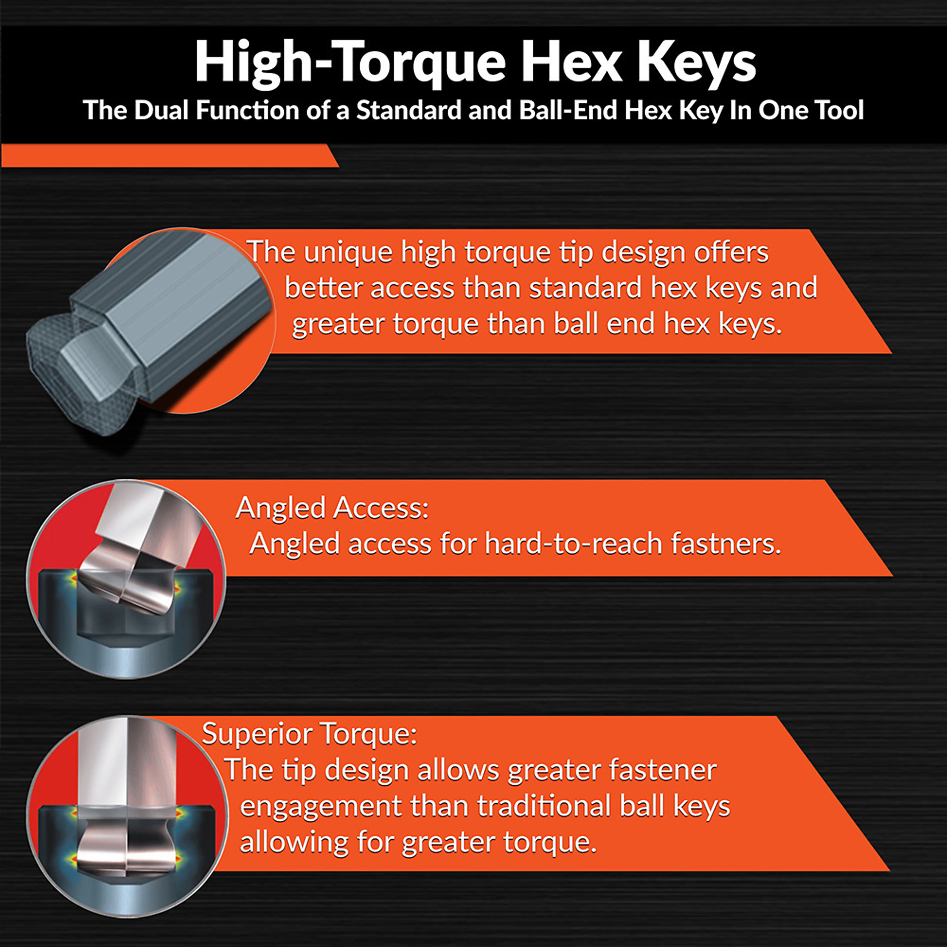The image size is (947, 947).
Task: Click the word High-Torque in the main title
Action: click(x=350, y=62)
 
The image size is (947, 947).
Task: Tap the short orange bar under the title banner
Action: click(x=170, y=155)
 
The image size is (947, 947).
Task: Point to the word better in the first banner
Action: click(x=323, y=288)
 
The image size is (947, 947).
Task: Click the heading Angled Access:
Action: click(x=332, y=508)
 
